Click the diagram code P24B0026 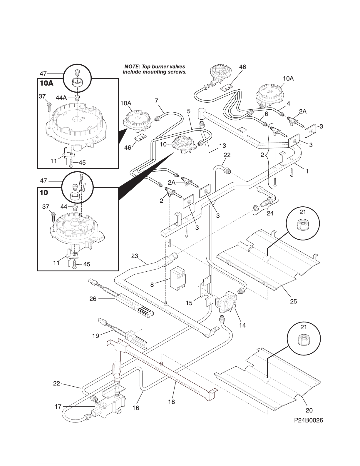(x=308, y=420)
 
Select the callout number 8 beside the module (x=152, y=285)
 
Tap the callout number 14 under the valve (x=242, y=325)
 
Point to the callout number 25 (x=293, y=301)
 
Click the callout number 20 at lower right (x=309, y=410)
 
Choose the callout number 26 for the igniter (x=93, y=299)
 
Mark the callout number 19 (x=96, y=335)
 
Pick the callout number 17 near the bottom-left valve (x=58, y=406)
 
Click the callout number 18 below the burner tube (x=171, y=402)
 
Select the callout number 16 (x=136, y=408)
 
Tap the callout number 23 (x=135, y=256)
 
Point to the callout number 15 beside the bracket (x=189, y=303)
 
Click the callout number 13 (x=222, y=146)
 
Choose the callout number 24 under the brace (x=270, y=213)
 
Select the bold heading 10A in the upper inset (x=46, y=83)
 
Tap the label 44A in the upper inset (x=61, y=98)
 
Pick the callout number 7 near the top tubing (x=157, y=101)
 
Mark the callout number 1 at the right (x=307, y=171)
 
